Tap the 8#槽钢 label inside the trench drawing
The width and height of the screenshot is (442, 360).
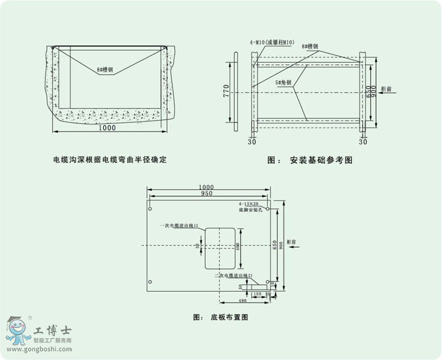(105, 70)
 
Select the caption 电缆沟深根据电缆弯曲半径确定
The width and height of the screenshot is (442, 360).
(109, 159)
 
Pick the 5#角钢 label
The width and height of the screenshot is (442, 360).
(283, 82)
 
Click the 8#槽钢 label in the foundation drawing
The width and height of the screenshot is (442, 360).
(309, 47)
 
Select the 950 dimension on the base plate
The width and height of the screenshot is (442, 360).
(207, 194)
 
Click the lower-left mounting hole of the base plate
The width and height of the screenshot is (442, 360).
(150, 281)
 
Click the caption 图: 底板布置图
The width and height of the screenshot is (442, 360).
(220, 318)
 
